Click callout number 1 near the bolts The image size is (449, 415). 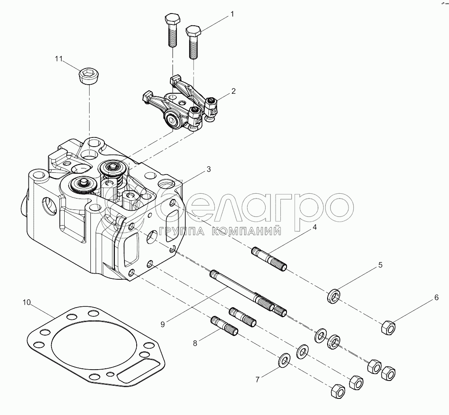[x=232, y=14]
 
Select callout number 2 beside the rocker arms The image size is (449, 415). [x=233, y=91]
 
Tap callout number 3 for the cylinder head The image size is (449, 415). [x=209, y=169]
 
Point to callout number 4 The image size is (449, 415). [x=315, y=227]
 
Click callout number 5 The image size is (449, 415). [x=380, y=265]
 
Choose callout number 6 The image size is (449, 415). [x=436, y=298]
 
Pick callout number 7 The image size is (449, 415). [x=257, y=380]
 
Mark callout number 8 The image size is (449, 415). [x=195, y=343]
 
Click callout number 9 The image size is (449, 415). [x=162, y=324]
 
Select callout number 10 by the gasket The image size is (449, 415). [x=27, y=302]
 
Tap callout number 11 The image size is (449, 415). [x=59, y=58]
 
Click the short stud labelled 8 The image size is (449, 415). [x=224, y=326]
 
